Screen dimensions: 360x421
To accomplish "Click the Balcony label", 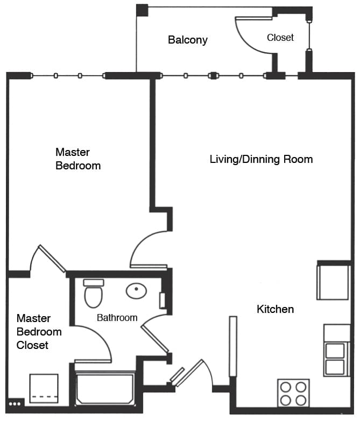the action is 188,40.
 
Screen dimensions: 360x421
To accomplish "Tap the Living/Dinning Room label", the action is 261,159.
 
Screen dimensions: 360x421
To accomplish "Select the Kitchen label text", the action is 275,309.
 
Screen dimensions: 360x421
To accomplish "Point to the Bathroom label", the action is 117,318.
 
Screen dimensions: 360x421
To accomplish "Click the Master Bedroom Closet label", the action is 39,332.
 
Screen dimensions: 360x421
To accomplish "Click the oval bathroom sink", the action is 137,291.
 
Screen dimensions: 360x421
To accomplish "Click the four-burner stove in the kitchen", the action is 293,393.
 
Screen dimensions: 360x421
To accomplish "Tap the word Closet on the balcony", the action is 280,38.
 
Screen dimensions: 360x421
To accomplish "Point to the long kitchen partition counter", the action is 233,346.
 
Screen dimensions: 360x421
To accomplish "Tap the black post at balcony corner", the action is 142,10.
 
